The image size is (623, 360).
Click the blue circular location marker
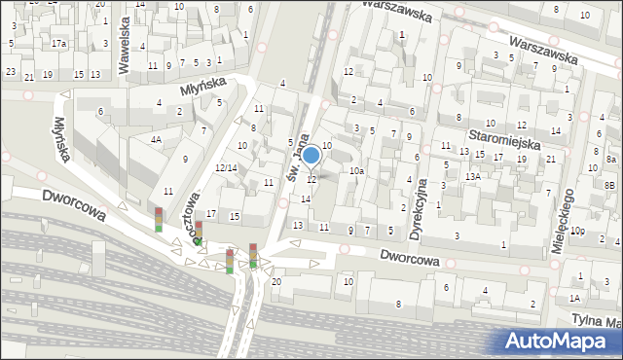(x=311, y=155)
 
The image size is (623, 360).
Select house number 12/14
(x=226, y=168)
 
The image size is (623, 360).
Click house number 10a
(x=356, y=171)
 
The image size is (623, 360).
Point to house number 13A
(x=473, y=176)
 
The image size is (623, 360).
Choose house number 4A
(x=156, y=139)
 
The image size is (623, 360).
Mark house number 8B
(x=609, y=185)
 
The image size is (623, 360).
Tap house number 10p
(x=577, y=231)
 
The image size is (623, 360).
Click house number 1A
(x=574, y=298)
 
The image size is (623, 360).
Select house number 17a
(x=58, y=43)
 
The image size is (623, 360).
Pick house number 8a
(x=610, y=159)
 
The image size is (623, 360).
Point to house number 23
(x=10, y=72)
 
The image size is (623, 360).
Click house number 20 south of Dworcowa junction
(x=276, y=281)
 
